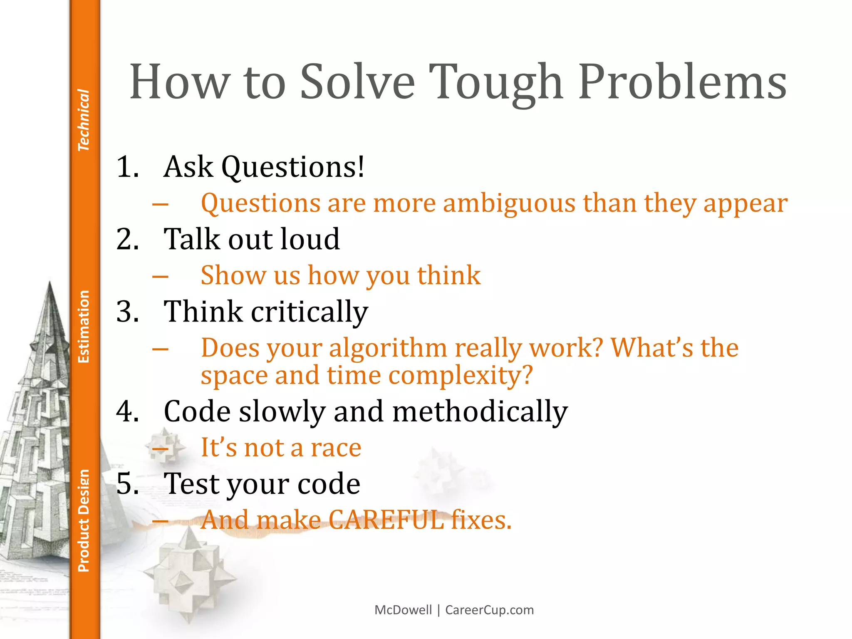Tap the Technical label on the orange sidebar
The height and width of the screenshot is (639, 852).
coord(84,120)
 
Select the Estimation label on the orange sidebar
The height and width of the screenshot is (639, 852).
coord(84,327)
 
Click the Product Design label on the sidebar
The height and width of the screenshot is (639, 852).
coord(84,520)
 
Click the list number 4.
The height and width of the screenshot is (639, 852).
coord(127,411)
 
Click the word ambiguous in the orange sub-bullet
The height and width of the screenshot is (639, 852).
coord(509,204)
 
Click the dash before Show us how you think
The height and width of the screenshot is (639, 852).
coord(160,276)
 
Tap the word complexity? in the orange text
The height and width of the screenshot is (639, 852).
coord(461,376)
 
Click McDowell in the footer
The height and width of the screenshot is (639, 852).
coord(403,610)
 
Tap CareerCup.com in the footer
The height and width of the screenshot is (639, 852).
coord(489,610)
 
